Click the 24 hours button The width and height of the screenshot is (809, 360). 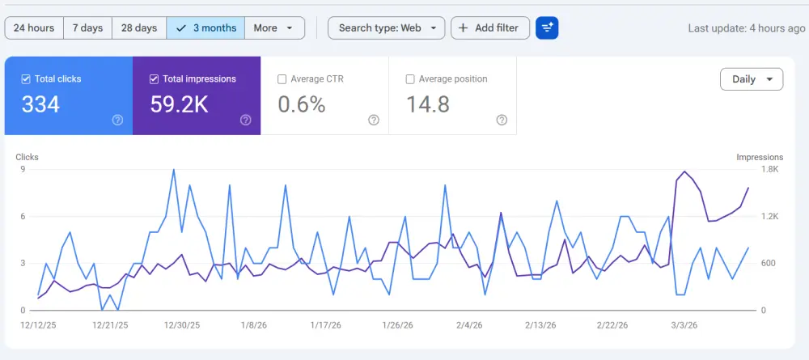(34, 28)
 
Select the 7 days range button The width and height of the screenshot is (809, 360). (87, 28)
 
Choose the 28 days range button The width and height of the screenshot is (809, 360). (139, 28)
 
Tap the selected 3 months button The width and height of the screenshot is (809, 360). (205, 28)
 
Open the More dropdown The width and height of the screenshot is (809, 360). (274, 28)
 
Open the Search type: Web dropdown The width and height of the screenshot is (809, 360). (386, 28)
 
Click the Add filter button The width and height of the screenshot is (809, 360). (489, 28)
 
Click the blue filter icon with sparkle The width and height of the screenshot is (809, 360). (547, 28)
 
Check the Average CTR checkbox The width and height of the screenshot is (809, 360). (282, 79)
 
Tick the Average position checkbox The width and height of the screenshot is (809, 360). (410, 79)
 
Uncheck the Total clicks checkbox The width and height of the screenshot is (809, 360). (27, 79)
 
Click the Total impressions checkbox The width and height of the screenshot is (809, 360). (155, 79)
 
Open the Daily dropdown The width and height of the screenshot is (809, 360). (751, 79)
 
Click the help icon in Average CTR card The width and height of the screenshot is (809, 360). (374, 120)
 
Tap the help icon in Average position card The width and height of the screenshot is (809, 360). (502, 120)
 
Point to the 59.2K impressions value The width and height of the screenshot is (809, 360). (180, 104)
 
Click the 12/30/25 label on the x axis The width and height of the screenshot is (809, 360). (183, 324)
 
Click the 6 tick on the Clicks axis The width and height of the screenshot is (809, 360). (23, 216)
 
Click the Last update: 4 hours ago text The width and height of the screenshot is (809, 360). (746, 28)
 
